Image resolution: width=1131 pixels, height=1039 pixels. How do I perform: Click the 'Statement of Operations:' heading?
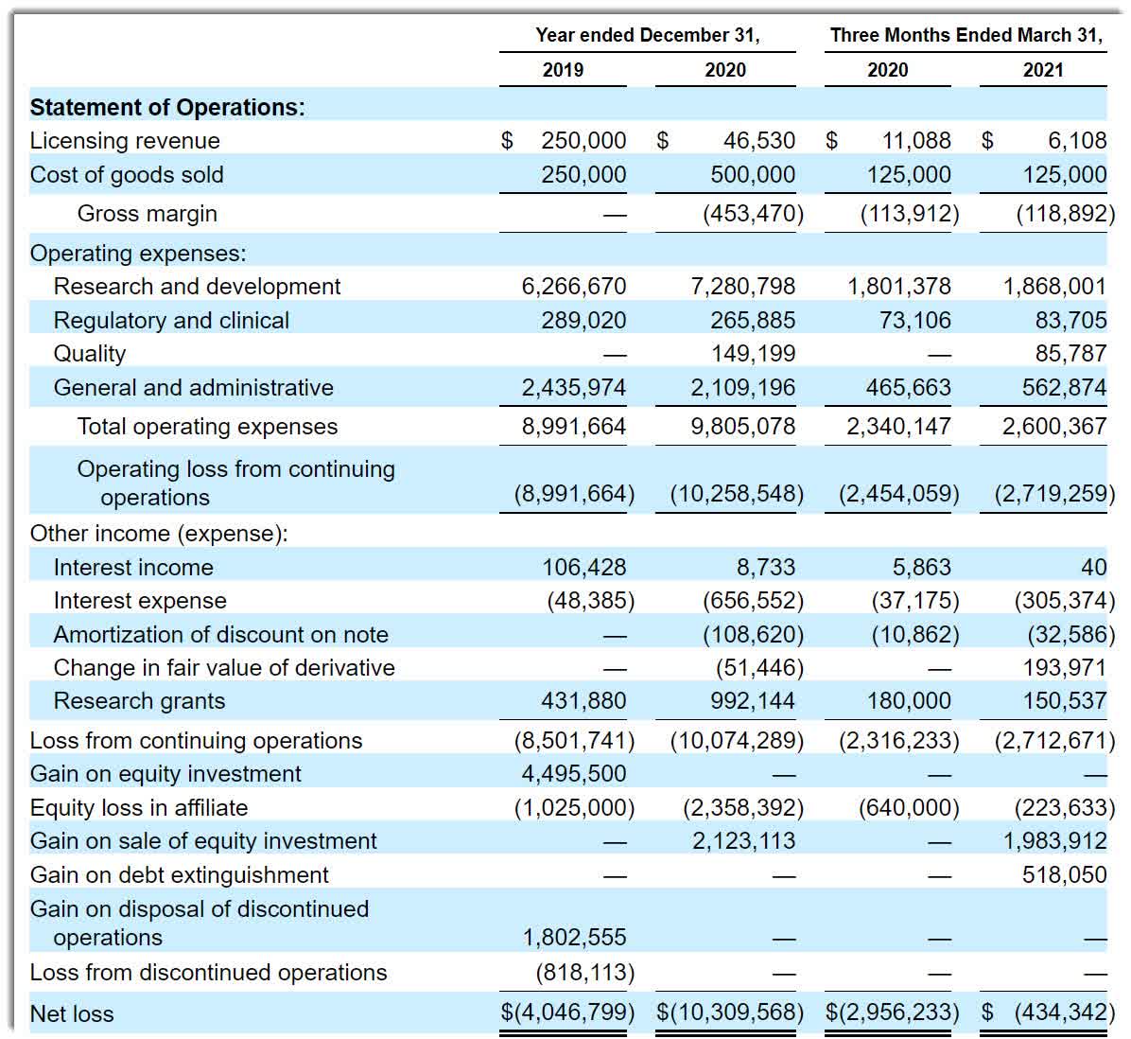point(167,107)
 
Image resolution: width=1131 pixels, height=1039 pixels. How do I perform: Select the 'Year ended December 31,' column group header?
point(647,35)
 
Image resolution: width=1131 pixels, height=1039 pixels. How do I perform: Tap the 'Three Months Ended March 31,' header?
point(966,35)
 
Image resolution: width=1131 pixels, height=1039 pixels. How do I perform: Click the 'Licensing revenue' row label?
point(125,141)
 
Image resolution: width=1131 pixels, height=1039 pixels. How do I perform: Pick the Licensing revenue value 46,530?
point(758,140)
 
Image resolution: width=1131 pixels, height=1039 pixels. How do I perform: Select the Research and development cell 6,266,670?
point(573,287)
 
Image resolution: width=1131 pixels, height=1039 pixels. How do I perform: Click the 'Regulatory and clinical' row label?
point(171,321)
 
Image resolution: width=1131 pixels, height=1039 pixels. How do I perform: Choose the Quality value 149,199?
point(753,354)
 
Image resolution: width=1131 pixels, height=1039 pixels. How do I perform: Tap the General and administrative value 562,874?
point(1064,387)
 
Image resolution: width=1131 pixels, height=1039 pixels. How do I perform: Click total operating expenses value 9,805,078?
point(743,427)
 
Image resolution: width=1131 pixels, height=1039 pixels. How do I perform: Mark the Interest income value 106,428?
point(584,567)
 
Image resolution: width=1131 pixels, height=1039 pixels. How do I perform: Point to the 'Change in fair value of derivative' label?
point(224,667)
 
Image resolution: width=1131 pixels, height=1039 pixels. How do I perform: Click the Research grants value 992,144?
point(753,700)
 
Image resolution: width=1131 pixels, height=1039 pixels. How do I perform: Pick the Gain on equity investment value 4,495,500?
point(573,773)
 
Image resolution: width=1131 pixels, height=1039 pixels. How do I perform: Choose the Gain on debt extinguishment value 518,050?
point(1064,874)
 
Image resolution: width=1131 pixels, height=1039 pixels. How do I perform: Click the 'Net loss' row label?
point(72,1013)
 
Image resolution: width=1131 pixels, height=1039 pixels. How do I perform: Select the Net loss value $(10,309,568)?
point(730,1013)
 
